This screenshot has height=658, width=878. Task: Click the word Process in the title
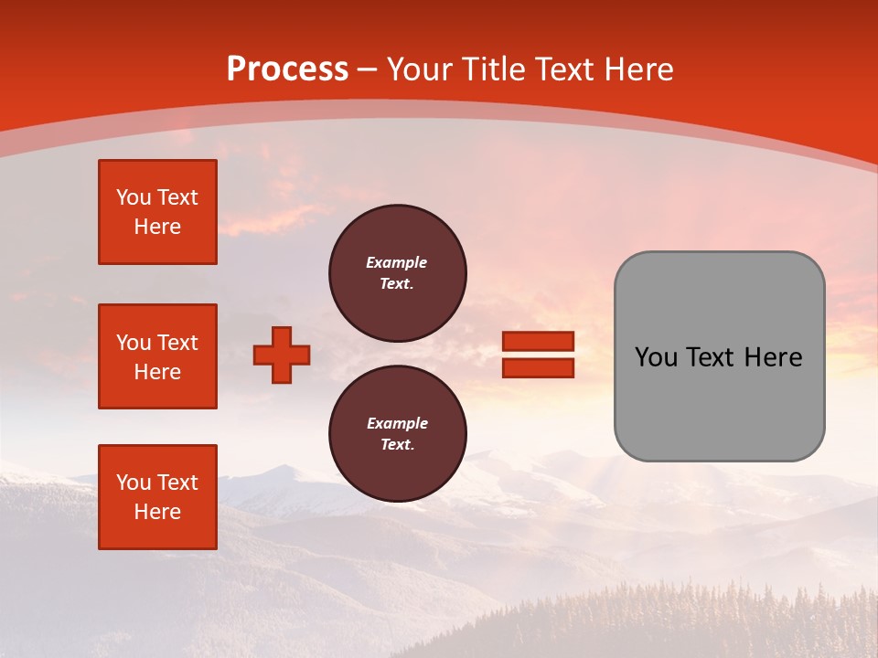(x=287, y=69)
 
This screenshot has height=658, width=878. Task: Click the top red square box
(x=157, y=212)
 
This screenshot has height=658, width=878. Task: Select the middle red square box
(x=157, y=356)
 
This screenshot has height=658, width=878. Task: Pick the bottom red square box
(x=157, y=497)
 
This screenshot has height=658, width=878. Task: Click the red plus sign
(x=282, y=355)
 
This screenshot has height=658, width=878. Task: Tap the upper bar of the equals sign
(x=538, y=341)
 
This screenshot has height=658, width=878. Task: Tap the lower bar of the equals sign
(x=538, y=368)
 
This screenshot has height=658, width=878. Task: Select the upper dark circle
(x=398, y=273)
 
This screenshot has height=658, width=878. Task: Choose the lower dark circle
(x=398, y=434)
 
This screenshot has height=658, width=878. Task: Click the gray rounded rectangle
(x=719, y=356)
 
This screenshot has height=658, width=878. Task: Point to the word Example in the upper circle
(x=397, y=262)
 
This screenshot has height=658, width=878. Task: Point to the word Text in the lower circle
(x=396, y=445)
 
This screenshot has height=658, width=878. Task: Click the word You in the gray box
(x=657, y=357)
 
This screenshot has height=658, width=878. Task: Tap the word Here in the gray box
(x=773, y=357)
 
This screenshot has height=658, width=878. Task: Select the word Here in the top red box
(x=157, y=228)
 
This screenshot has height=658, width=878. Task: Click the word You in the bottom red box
(x=134, y=483)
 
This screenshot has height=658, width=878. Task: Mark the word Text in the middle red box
(x=177, y=343)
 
